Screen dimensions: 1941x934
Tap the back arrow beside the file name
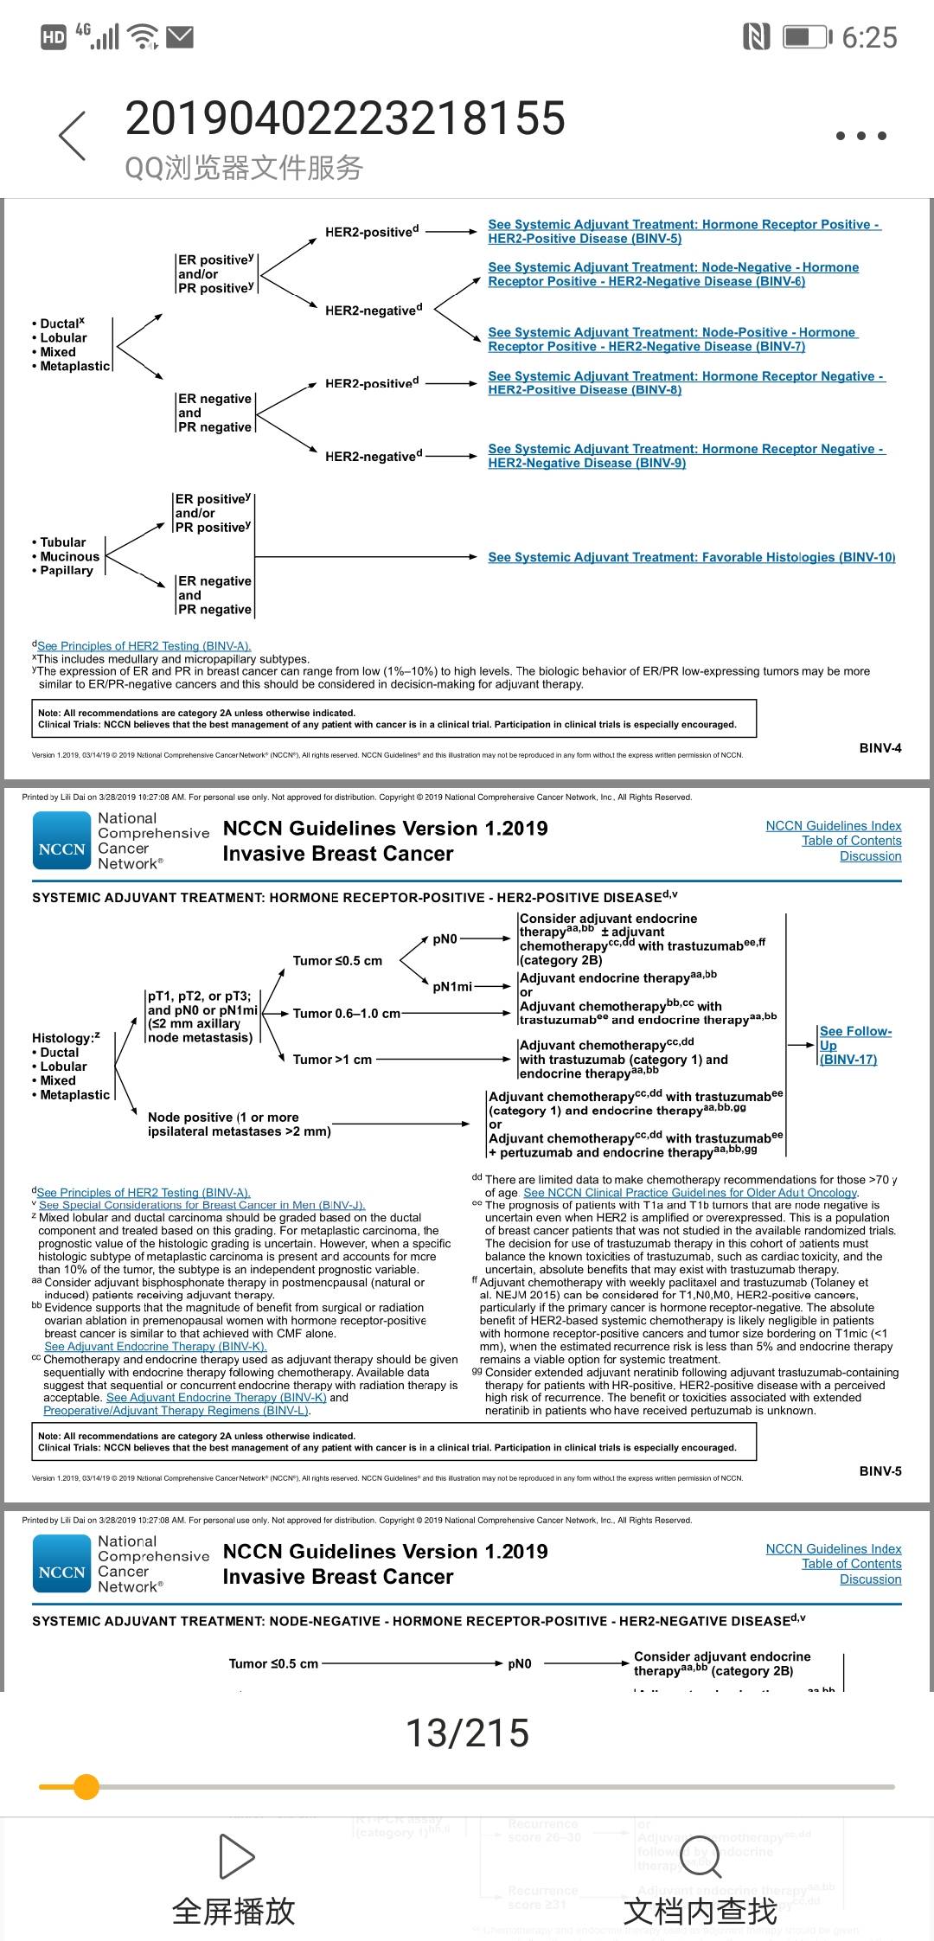[73, 136]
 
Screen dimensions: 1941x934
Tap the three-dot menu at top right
[860, 136]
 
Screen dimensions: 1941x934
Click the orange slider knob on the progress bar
[86, 1786]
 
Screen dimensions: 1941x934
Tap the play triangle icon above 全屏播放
[234, 1856]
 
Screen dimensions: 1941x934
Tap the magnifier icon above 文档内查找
[700, 1856]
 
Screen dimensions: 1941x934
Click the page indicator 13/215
[467, 1733]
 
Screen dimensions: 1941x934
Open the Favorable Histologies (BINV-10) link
[691, 557]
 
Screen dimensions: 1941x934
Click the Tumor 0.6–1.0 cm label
[346, 1013]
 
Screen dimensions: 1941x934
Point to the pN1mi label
[451, 986]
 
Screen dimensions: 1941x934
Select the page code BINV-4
[880, 747]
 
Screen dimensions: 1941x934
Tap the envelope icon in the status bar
[180, 36]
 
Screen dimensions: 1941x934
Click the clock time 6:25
[869, 37]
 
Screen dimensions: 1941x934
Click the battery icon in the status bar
[806, 37]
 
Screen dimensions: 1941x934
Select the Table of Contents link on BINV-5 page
[851, 841]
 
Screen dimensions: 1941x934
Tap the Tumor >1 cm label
[332, 1060]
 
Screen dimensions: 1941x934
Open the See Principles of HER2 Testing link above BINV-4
[144, 646]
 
